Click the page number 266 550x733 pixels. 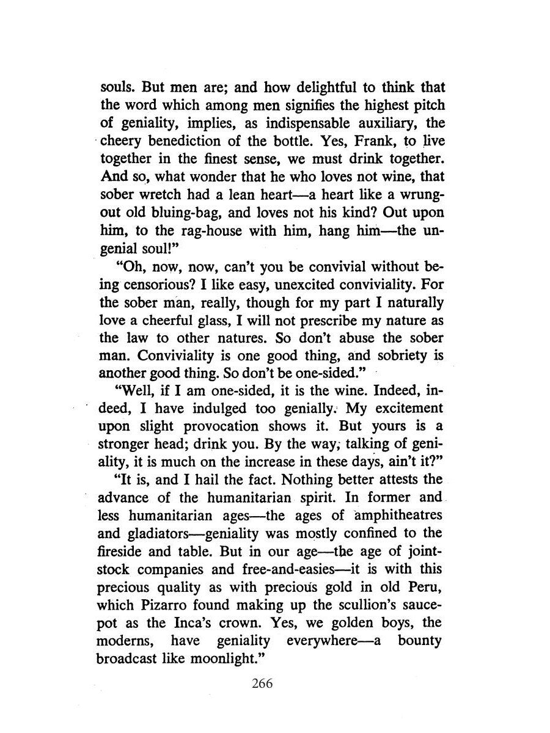coord(262,683)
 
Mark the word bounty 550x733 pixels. coord(422,641)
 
